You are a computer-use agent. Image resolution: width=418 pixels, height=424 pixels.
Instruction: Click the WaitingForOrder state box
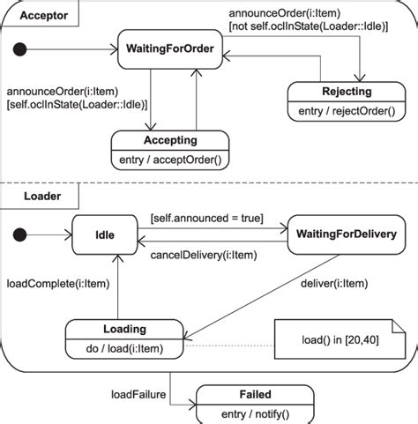pos(170,48)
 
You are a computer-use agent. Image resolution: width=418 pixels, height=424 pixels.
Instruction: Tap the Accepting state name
pos(169,140)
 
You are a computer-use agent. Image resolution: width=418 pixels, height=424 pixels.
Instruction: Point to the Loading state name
pos(124,329)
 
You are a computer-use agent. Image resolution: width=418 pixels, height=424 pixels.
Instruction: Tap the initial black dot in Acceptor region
pos(34,48)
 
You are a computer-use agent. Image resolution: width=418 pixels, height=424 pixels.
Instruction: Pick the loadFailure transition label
pos(138,394)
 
